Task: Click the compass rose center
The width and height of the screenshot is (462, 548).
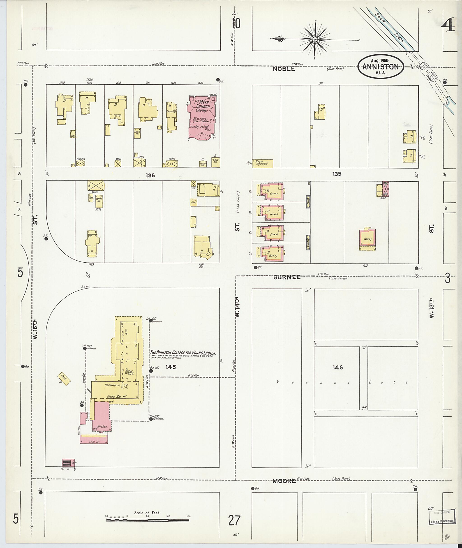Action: click(315, 39)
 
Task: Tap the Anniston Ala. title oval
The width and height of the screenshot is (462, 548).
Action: click(381, 67)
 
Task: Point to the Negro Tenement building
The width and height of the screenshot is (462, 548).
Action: click(262, 163)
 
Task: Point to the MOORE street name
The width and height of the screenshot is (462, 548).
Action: click(284, 481)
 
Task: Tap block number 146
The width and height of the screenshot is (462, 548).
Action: click(338, 368)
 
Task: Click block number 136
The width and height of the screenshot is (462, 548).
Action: click(150, 175)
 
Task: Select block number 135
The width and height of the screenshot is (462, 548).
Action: click(337, 174)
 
